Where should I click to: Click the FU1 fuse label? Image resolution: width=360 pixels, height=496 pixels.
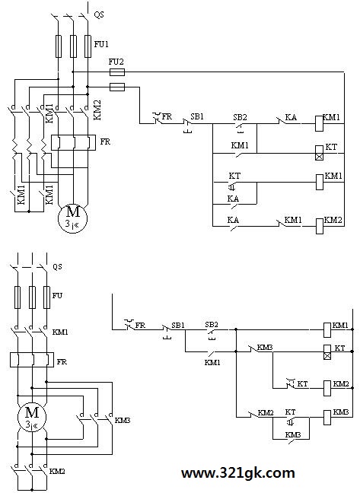coord(101,44)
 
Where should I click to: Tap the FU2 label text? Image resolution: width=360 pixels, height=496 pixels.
coord(116,62)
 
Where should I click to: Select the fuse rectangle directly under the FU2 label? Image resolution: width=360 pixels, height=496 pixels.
coord(117,72)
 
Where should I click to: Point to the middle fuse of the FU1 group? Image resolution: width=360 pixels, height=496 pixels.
coord(73,46)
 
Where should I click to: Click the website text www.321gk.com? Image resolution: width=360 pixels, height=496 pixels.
coord(238,473)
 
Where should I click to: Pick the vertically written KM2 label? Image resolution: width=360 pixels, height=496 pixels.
coord(97,110)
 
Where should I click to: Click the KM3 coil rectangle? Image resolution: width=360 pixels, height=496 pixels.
coord(327,417)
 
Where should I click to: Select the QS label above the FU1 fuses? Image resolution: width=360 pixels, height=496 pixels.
coord(99,14)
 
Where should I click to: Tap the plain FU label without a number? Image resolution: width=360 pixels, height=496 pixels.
coord(57,296)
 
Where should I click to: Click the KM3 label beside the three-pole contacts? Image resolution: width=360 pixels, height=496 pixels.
coord(123,421)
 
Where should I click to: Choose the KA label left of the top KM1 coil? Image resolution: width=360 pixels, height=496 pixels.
coord(291,117)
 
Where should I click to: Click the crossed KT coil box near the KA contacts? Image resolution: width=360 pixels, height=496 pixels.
coord(320,153)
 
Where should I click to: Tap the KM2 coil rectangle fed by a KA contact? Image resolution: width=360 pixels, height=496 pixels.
coord(320,226)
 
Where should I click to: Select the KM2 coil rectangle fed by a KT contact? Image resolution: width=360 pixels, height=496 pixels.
coord(327,388)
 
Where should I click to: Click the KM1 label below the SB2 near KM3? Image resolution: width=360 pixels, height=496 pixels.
coord(212,363)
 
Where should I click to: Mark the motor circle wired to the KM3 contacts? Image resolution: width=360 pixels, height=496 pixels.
coord(32,417)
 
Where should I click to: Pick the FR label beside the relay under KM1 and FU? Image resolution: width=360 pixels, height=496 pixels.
coord(62,362)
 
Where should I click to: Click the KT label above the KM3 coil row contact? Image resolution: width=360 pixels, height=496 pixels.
coord(291,412)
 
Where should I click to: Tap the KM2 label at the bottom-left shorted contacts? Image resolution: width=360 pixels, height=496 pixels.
coord(57,472)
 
